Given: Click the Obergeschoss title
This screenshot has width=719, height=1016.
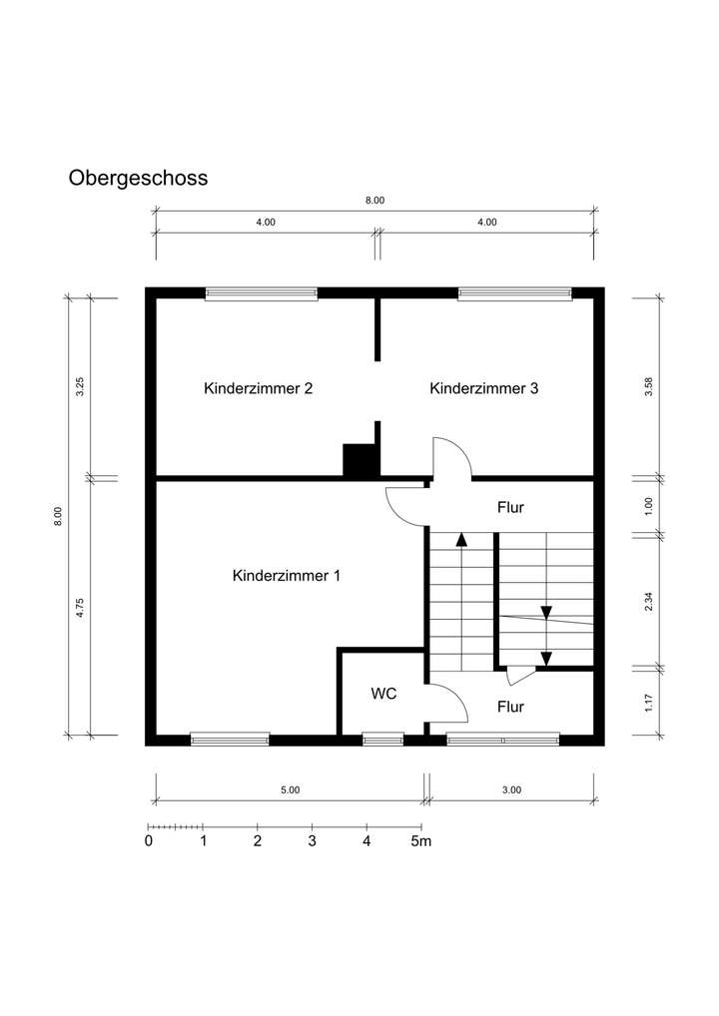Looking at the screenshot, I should [x=138, y=179].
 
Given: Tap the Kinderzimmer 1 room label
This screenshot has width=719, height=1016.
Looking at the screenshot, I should [x=287, y=576].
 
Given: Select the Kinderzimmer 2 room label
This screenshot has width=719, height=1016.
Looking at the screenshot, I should [x=259, y=388].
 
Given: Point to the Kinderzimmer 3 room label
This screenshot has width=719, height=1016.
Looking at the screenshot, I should [x=484, y=388].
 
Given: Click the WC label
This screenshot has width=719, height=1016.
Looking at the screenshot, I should [x=384, y=693].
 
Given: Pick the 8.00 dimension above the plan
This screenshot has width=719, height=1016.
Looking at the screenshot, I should [x=374, y=201].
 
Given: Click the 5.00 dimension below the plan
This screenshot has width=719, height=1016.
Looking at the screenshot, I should [x=290, y=789].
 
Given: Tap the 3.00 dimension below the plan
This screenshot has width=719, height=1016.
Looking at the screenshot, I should [x=511, y=789].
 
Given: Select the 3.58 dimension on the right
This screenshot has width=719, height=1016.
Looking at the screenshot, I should [x=649, y=387].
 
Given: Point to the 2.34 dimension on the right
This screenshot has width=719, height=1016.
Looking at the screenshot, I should [x=649, y=601].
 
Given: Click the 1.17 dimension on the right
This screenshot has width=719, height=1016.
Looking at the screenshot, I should [x=649, y=703].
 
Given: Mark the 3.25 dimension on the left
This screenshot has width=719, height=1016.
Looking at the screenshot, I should [x=80, y=387].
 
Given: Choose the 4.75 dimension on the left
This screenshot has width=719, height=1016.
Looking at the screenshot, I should [x=80, y=608].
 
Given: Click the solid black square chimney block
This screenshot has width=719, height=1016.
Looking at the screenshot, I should [x=359, y=460].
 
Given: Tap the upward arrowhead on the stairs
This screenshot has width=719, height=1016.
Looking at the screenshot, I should [x=461, y=540].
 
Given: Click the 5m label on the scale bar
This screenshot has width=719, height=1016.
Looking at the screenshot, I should [x=421, y=841].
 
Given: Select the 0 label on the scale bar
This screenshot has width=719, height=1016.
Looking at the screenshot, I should [x=149, y=841].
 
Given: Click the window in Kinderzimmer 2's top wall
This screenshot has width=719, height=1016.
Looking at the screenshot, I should [x=262, y=293].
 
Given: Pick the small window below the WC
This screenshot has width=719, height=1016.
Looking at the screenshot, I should [x=382, y=740].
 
